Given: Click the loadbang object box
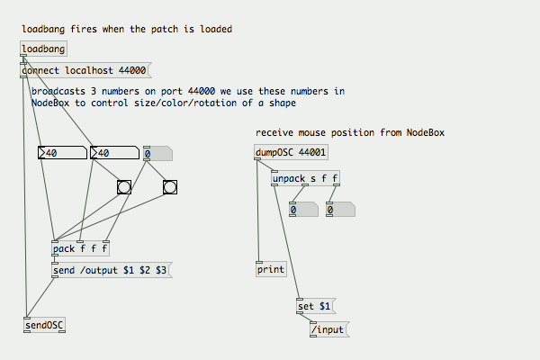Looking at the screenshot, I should (43, 49).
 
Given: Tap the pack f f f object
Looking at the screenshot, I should (80, 249).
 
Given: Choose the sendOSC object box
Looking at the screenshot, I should (44, 325).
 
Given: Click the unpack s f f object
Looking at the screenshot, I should (305, 178).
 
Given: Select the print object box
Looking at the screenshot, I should (271, 270).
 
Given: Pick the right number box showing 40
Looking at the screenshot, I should (113, 153).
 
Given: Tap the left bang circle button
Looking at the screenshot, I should (124, 187).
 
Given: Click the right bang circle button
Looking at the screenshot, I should (170, 187).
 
